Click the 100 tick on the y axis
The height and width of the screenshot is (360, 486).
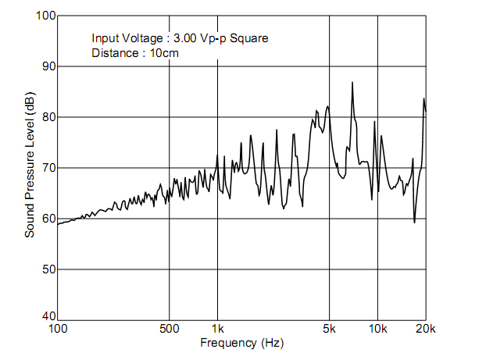click(x=44, y=16)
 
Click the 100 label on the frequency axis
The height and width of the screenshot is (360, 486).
click(x=58, y=328)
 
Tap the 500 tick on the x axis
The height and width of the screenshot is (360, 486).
click(x=170, y=328)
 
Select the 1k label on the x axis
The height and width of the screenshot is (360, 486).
click(x=218, y=328)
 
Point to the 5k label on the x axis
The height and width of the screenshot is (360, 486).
click(x=330, y=328)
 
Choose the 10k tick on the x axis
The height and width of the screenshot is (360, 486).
click(x=378, y=328)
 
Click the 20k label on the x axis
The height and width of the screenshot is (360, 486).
click(x=426, y=328)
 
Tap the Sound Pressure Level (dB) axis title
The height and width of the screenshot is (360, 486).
click(x=30, y=166)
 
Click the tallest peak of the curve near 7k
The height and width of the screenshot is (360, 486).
click(x=352, y=82)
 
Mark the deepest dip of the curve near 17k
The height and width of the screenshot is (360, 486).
click(x=414, y=223)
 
